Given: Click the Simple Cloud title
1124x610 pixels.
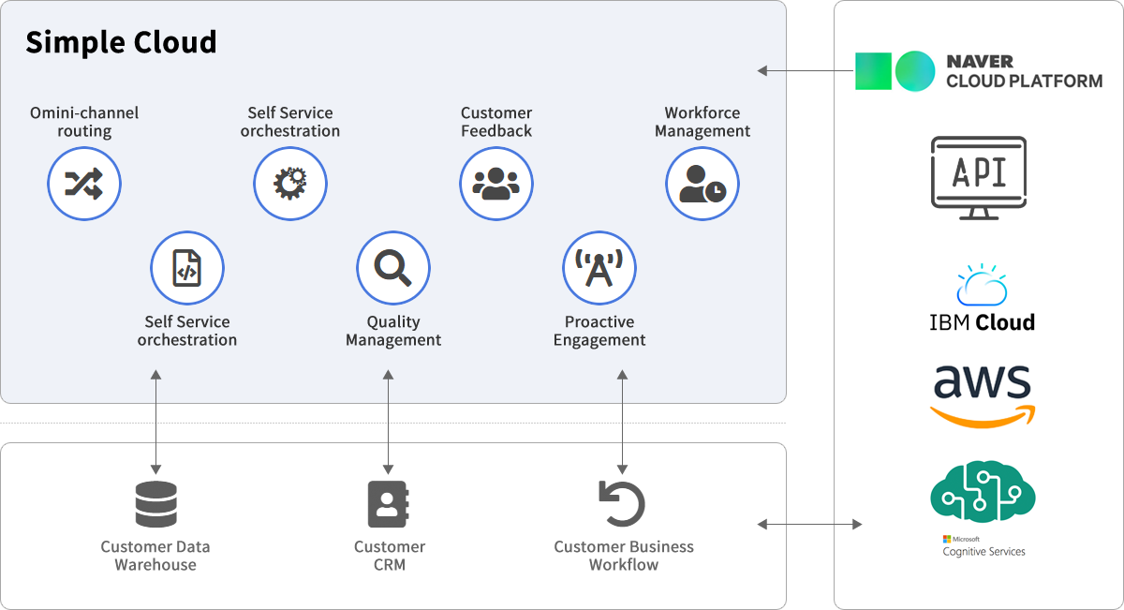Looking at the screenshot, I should (x=121, y=42).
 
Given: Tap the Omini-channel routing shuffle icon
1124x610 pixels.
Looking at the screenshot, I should (x=84, y=184).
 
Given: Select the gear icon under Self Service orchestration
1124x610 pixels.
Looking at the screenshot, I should (x=290, y=184).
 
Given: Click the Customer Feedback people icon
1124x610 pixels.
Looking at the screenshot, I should (x=496, y=184).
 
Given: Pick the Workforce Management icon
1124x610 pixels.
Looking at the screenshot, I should (x=702, y=184).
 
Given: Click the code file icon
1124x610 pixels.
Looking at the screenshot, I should (x=187, y=269).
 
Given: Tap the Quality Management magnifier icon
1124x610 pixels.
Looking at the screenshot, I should (x=393, y=269).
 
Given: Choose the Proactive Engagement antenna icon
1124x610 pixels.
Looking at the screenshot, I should (x=599, y=269).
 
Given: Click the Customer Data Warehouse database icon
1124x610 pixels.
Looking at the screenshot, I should (x=155, y=504).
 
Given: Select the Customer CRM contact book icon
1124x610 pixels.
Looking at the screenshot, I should (x=388, y=504).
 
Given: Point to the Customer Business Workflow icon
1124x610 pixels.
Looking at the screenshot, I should (x=622, y=504).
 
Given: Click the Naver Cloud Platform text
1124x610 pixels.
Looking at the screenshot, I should (x=1024, y=71).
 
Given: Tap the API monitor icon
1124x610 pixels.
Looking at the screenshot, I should (x=979, y=177).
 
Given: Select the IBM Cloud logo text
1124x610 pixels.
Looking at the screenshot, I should (x=982, y=322).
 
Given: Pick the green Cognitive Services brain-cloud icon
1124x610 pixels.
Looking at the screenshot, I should (x=983, y=491).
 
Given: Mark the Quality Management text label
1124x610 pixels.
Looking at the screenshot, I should (x=393, y=331).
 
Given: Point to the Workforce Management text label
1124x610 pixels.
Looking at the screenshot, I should (x=702, y=122).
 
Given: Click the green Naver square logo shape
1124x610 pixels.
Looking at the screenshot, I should (x=873, y=71).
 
